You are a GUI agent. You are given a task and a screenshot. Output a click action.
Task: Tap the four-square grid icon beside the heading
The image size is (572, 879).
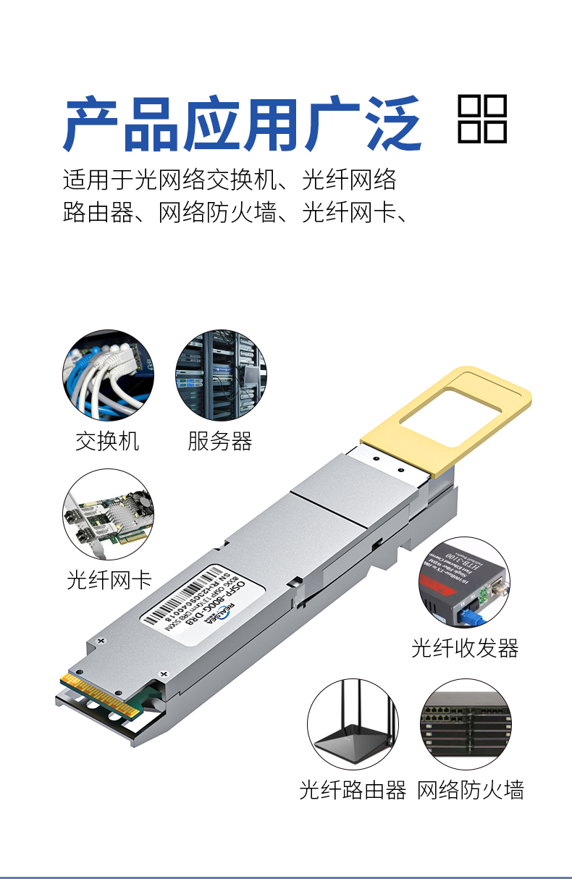[x=482, y=119]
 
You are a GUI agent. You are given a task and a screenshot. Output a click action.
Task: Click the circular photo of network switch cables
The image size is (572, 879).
[x=108, y=375]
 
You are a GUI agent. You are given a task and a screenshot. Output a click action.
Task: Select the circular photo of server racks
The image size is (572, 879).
[x=221, y=375]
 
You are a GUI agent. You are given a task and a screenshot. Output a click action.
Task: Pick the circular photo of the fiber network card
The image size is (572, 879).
[x=108, y=514]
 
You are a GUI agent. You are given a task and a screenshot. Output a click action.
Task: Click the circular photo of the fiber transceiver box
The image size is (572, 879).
[x=463, y=582]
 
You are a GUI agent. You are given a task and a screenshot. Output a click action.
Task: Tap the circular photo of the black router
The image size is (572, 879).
[x=353, y=725]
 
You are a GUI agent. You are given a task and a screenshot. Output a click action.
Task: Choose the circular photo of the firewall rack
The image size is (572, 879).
[x=466, y=725]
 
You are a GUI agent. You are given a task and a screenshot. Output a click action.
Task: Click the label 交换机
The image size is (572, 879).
[x=107, y=441]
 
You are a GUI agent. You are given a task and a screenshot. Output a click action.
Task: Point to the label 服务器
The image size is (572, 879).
[x=220, y=441]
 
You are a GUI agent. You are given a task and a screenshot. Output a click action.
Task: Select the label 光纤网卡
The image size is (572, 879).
[x=109, y=579]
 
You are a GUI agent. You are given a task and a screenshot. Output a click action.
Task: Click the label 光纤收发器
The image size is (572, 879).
[x=465, y=648]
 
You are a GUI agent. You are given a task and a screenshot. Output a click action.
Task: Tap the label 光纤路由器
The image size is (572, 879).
[x=353, y=790]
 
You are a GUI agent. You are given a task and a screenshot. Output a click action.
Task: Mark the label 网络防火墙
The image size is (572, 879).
[x=470, y=790]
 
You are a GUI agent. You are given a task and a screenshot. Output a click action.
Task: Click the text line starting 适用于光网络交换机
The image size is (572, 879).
[x=230, y=178]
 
